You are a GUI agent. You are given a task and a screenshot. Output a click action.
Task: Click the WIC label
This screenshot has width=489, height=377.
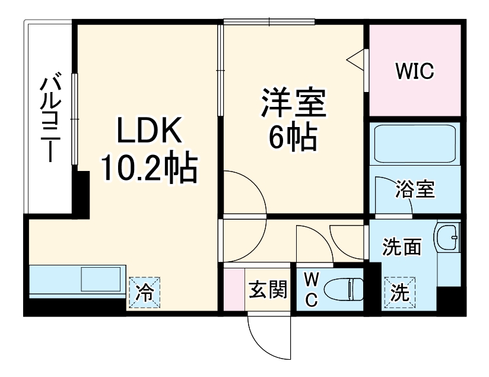point(415,72)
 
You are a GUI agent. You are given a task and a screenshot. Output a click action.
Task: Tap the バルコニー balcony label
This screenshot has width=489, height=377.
point(49,119)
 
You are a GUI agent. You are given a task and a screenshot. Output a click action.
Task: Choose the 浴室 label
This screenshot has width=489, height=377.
point(415,190)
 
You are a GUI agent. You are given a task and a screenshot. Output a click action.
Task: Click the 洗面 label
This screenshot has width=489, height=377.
point(402,246)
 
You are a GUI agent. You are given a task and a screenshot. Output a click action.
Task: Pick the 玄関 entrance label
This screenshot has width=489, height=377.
point(268,289)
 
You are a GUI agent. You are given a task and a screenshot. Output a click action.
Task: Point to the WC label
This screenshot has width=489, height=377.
point(310,290)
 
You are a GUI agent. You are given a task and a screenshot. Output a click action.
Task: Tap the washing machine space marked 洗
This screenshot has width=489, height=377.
point(399,293)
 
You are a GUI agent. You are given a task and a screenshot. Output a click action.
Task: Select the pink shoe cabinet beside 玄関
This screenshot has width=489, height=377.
point(234,289)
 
